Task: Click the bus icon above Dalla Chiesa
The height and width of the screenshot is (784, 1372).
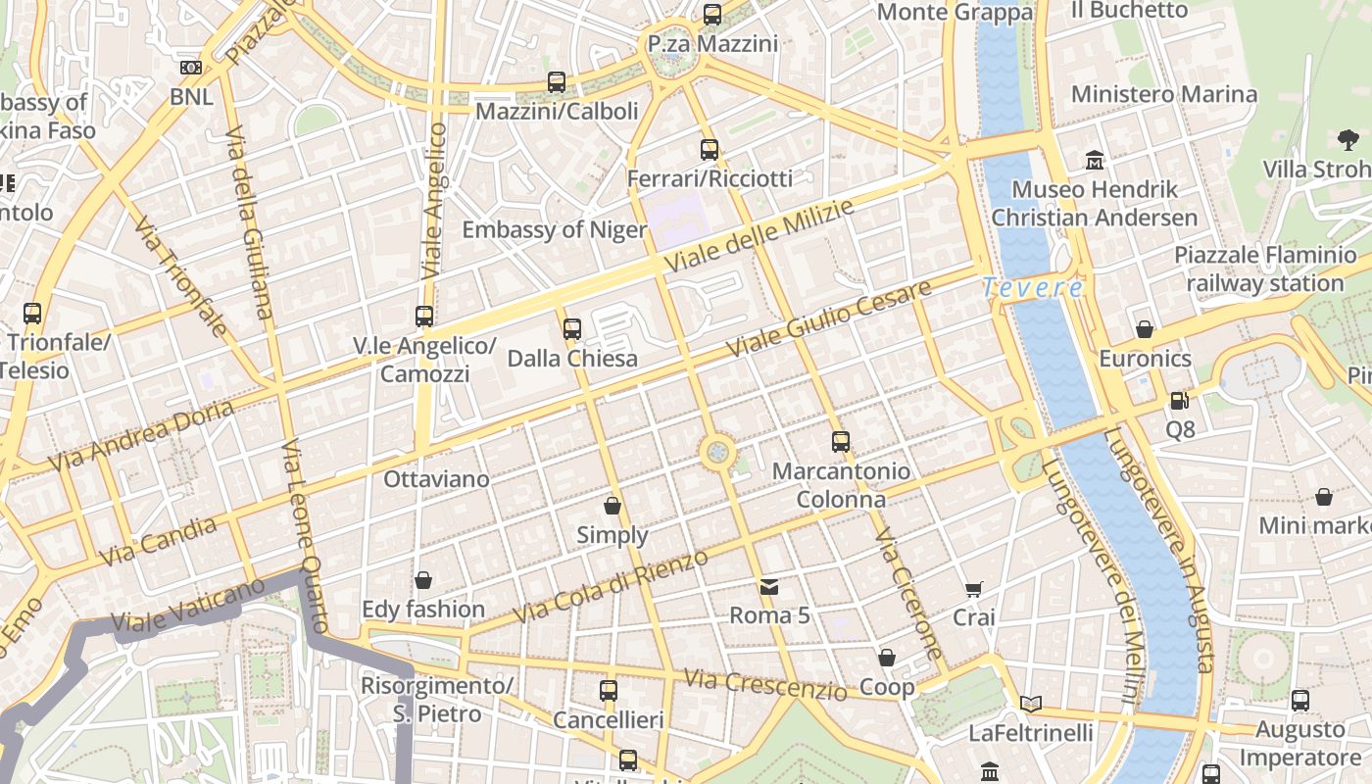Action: pyautogui.click(x=572, y=329)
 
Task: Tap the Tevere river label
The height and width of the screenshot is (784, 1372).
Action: pyautogui.click(x=1032, y=288)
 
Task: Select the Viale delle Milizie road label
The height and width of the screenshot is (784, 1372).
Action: pyautogui.click(x=759, y=236)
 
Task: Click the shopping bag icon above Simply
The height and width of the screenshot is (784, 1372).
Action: pyautogui.click(x=612, y=506)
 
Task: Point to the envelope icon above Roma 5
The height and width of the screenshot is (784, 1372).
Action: pyautogui.click(x=769, y=587)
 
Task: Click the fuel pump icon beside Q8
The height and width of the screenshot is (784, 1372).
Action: pyautogui.click(x=1179, y=401)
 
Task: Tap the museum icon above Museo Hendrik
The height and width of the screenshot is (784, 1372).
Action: pyautogui.click(x=1094, y=160)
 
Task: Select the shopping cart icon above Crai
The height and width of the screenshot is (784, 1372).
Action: pyautogui.click(x=973, y=589)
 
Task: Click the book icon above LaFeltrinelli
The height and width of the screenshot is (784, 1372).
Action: pyautogui.click(x=1030, y=704)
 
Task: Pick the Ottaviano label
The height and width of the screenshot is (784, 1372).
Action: pyautogui.click(x=436, y=479)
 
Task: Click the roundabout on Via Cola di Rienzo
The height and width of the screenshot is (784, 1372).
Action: pyautogui.click(x=718, y=452)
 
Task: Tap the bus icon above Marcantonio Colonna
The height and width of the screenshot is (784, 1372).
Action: pyautogui.click(x=841, y=442)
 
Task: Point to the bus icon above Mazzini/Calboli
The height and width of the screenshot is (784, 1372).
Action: pyautogui.click(x=557, y=82)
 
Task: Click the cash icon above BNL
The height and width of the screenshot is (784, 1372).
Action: pyautogui.click(x=191, y=68)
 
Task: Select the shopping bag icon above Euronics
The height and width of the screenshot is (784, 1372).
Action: pyautogui.click(x=1144, y=329)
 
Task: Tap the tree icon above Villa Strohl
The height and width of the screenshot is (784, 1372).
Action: pyautogui.click(x=1348, y=140)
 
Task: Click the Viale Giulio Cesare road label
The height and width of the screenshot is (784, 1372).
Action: pyautogui.click(x=829, y=319)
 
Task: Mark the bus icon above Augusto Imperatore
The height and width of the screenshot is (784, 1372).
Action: pyautogui.click(x=1300, y=701)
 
